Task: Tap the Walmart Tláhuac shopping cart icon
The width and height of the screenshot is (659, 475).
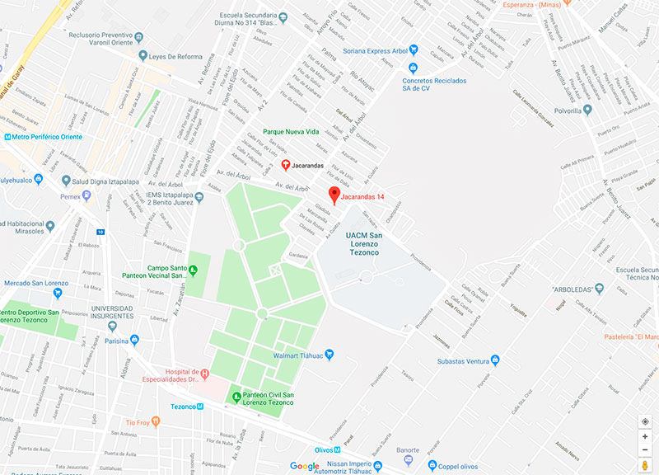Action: click(x=329, y=355)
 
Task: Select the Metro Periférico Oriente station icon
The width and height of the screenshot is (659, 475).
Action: click(x=8, y=137)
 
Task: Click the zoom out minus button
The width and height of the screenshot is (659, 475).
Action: click(x=645, y=449)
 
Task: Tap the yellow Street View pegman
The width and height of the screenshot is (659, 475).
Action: click(x=645, y=466)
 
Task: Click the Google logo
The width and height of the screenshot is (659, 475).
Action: click(x=305, y=467)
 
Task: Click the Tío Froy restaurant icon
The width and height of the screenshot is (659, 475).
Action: click(x=155, y=422)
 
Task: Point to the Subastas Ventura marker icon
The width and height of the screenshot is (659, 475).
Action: click(x=495, y=360)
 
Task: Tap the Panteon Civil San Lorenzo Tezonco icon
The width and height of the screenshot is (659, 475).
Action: click(x=236, y=397)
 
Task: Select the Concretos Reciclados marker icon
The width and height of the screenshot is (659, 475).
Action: click(x=395, y=81)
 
